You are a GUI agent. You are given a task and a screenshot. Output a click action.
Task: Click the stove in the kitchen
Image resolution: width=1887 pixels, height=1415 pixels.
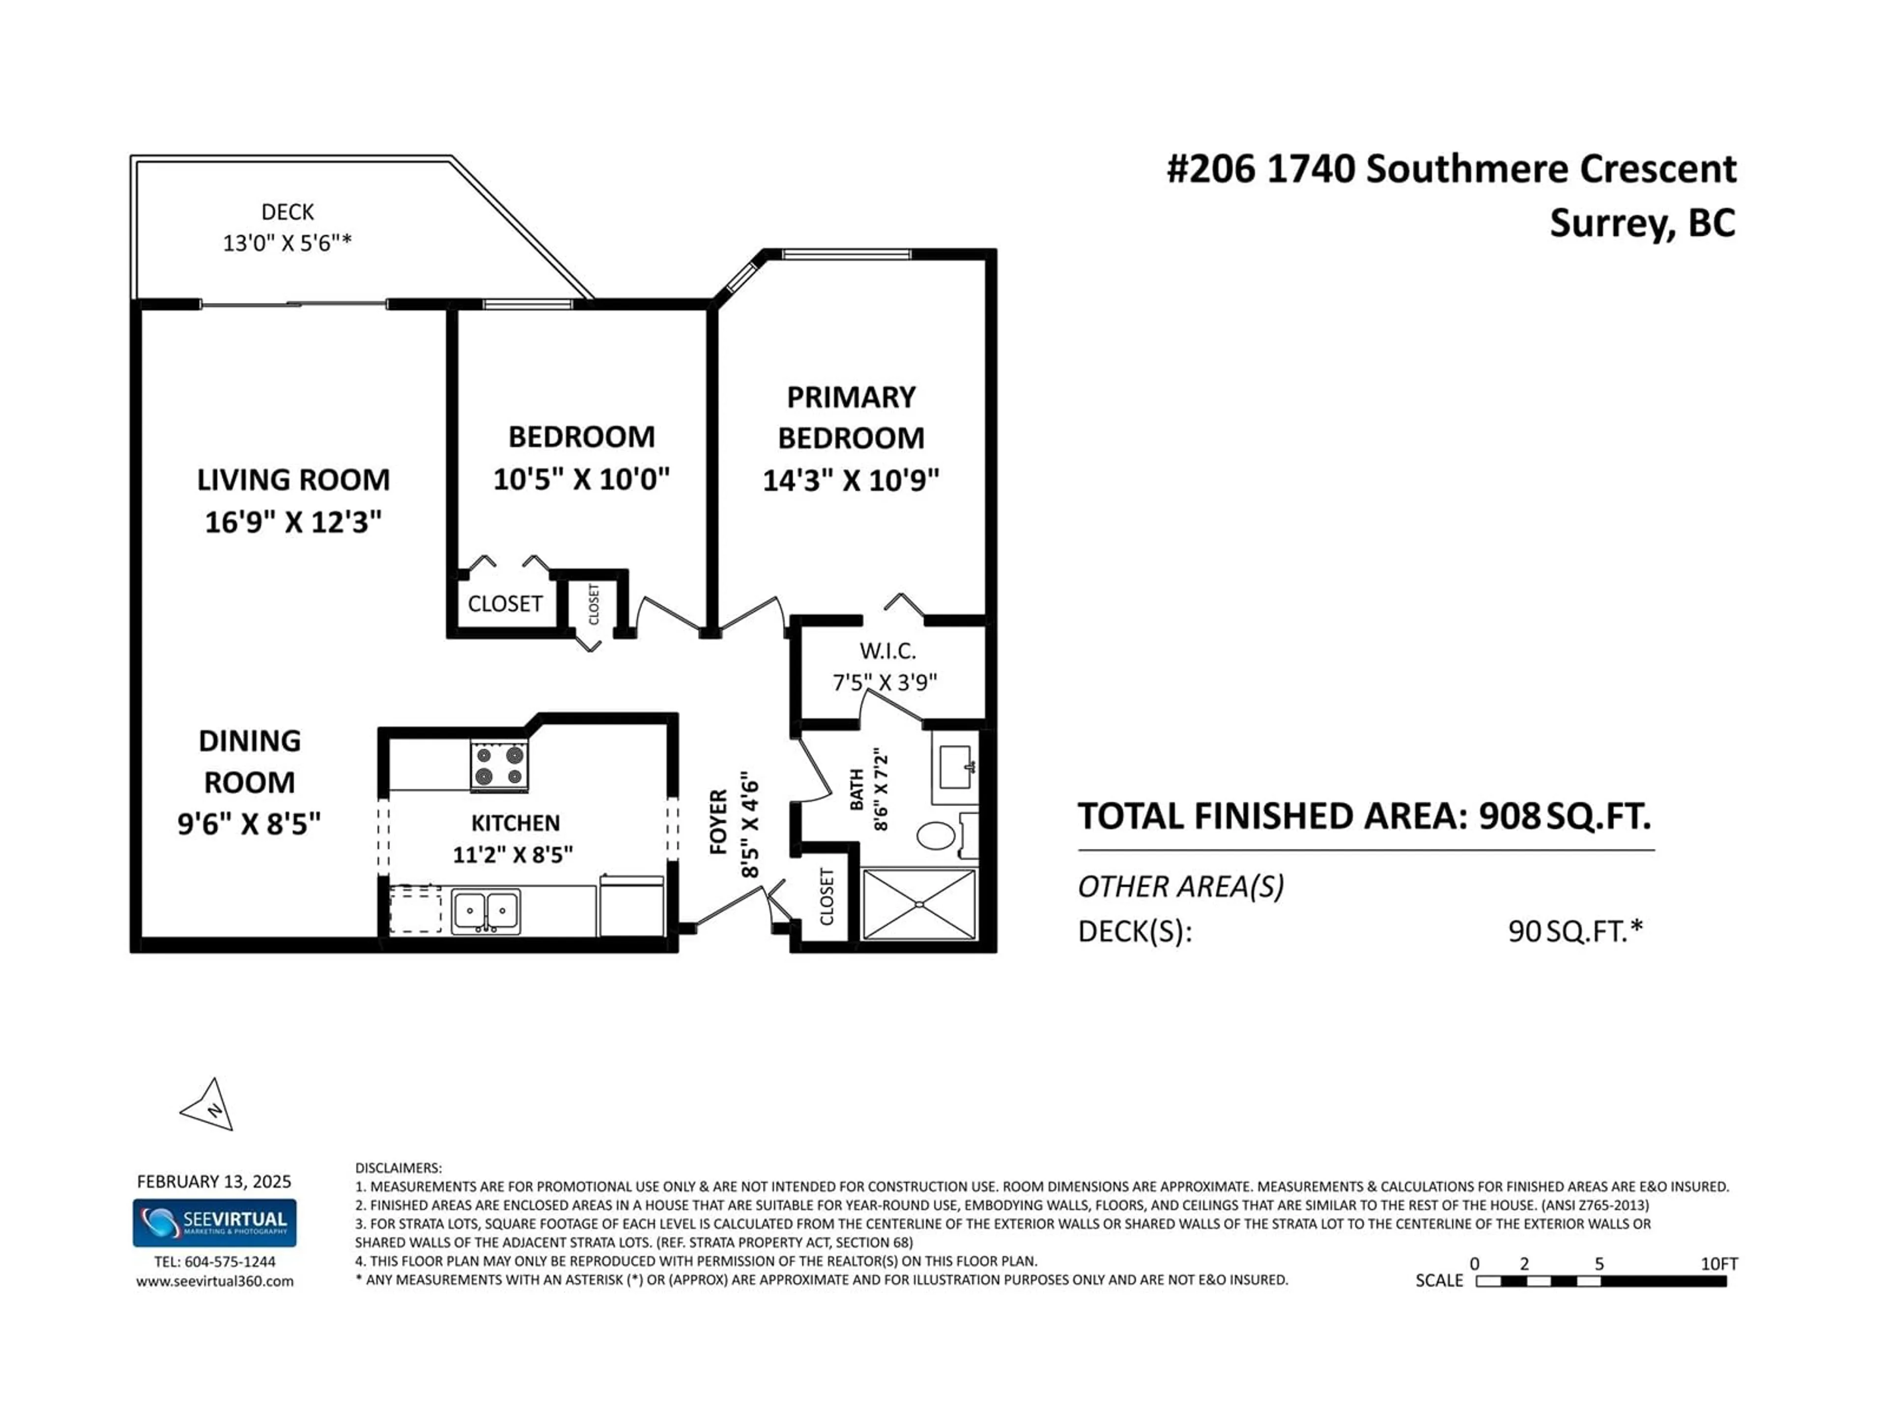point(499,765)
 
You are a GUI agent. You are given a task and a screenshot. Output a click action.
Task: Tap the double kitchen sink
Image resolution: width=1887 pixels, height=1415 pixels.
point(486,912)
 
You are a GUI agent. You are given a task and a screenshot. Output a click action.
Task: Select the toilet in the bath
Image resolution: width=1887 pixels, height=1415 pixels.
point(947,835)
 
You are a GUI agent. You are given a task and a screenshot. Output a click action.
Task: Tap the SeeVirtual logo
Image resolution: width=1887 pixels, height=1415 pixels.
point(214,1222)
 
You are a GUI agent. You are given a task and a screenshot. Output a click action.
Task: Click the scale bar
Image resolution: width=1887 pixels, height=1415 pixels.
point(1601,1281)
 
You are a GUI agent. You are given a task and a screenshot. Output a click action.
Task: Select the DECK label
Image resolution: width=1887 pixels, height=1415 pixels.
point(287,212)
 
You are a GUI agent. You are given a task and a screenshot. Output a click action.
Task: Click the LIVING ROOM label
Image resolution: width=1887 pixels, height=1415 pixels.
point(293,480)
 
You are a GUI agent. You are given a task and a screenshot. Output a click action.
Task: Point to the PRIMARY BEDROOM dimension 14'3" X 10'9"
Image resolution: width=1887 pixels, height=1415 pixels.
point(851,480)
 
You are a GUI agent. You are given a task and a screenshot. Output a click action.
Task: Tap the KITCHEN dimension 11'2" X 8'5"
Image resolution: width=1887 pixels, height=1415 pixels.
point(513,854)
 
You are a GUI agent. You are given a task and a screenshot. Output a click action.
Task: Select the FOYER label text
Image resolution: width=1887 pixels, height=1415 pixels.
point(719,821)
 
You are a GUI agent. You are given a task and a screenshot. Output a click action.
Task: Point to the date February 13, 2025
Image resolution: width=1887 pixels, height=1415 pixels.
point(214,1181)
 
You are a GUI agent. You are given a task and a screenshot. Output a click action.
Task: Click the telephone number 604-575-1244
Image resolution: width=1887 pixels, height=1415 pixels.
point(230,1262)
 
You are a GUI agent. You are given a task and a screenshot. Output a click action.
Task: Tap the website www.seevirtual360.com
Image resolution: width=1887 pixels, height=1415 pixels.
point(215,1281)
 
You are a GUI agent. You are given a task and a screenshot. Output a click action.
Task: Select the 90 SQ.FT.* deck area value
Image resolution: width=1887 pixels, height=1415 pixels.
point(1575,931)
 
